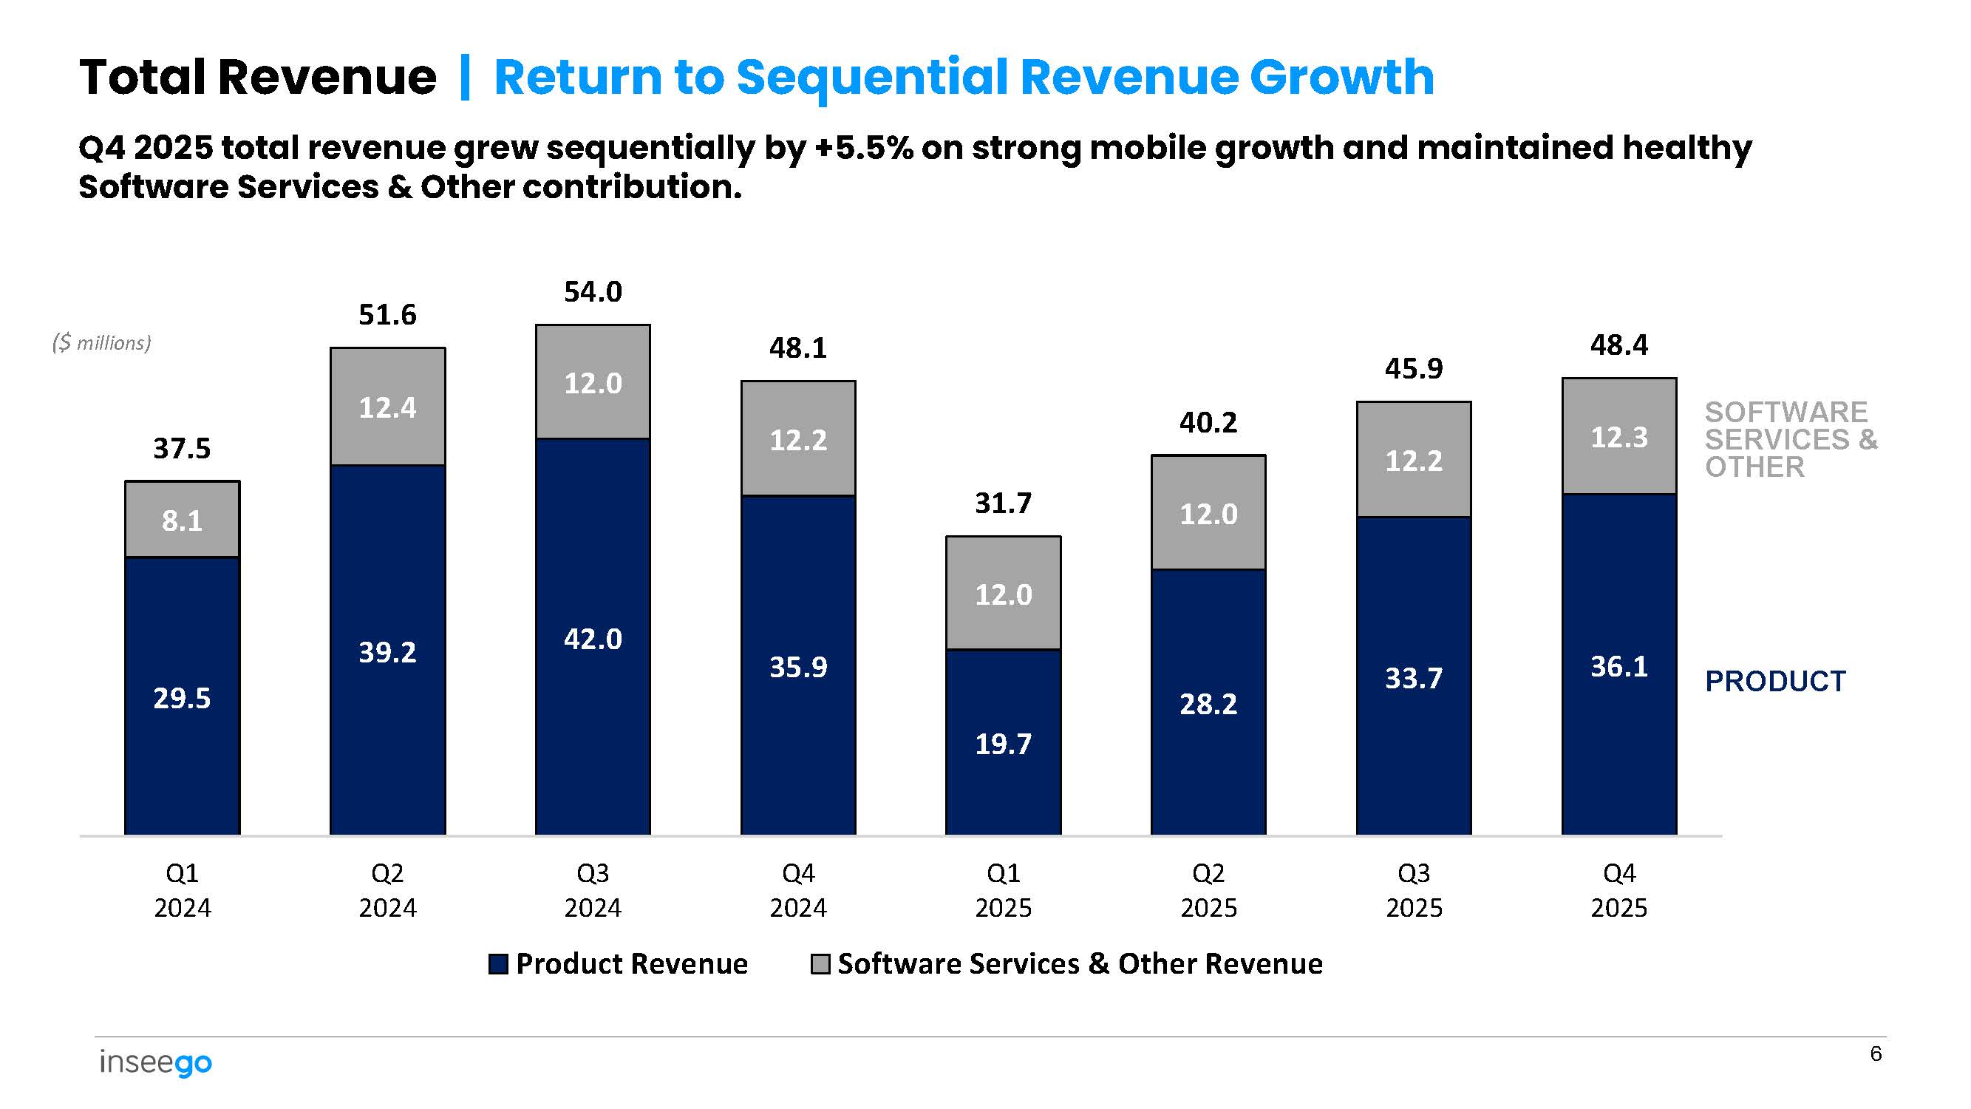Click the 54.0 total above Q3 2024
[593, 291]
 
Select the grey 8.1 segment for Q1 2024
[182, 520]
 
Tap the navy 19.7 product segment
[1003, 742]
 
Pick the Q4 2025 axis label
[1618, 890]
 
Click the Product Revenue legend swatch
[498, 963]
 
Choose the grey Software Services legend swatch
[820, 963]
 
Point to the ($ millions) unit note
[102, 342]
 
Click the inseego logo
[155, 1062]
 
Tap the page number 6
[1876, 1054]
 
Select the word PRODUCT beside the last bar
[1775, 680]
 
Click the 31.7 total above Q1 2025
[1003, 503]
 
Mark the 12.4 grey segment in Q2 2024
[388, 407]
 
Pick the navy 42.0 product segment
[593, 637]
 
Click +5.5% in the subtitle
[864, 148]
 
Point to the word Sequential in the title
[871, 78]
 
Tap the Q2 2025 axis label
[1208, 890]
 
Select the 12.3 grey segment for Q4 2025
[1618, 437]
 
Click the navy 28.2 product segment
[1208, 702]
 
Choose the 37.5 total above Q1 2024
[182, 448]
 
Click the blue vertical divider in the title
[464, 78]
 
